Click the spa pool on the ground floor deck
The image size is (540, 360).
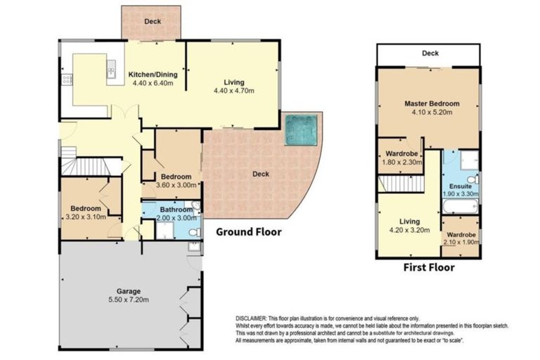click(301, 130)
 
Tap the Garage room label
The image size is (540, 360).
click(129, 291)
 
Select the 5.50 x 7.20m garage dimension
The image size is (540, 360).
click(129, 300)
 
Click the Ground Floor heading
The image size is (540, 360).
click(249, 232)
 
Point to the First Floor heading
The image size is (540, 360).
click(429, 267)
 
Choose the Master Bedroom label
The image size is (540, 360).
click(432, 103)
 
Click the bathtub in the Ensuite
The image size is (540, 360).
click(461, 207)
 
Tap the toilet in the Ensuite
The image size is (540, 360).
click(473, 179)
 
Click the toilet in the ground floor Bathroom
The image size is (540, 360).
click(195, 233)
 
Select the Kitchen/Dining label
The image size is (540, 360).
click(153, 75)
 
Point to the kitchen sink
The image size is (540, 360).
click(111, 69)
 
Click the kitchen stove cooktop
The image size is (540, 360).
click(67, 79)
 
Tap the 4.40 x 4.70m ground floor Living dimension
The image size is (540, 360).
click(234, 91)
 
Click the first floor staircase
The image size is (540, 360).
click(401, 184)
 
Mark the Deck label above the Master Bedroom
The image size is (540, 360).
click(430, 53)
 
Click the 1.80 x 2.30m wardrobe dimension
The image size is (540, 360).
click(402, 162)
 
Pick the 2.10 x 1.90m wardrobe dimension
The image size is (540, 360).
click(461, 242)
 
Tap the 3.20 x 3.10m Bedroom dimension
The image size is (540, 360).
click(86, 217)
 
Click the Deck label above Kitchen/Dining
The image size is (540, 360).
click(152, 21)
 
